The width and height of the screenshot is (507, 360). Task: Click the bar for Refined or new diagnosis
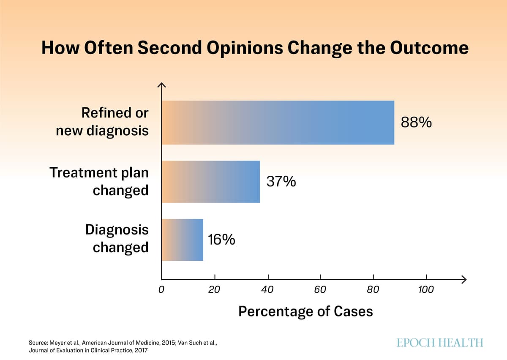tap(278, 123)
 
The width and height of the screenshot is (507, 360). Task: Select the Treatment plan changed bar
tap(210, 182)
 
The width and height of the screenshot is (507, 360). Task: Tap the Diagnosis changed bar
tap(183, 240)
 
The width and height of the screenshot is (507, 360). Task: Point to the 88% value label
tap(416, 123)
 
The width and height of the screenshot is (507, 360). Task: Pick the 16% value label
tap(221, 240)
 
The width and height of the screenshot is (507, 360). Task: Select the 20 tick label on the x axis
tap(214, 290)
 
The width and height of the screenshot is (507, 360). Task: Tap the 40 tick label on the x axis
tap(267, 290)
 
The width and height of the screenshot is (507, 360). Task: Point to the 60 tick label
tap(320, 290)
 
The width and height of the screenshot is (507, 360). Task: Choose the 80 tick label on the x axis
tap(373, 290)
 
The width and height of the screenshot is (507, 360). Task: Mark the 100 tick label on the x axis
tap(426, 290)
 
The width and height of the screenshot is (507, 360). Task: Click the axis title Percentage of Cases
tap(305, 312)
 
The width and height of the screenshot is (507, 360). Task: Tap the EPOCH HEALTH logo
tap(440, 343)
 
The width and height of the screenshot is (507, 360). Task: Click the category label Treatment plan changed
tap(99, 182)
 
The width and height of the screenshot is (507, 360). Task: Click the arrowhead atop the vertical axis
tap(162, 85)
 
